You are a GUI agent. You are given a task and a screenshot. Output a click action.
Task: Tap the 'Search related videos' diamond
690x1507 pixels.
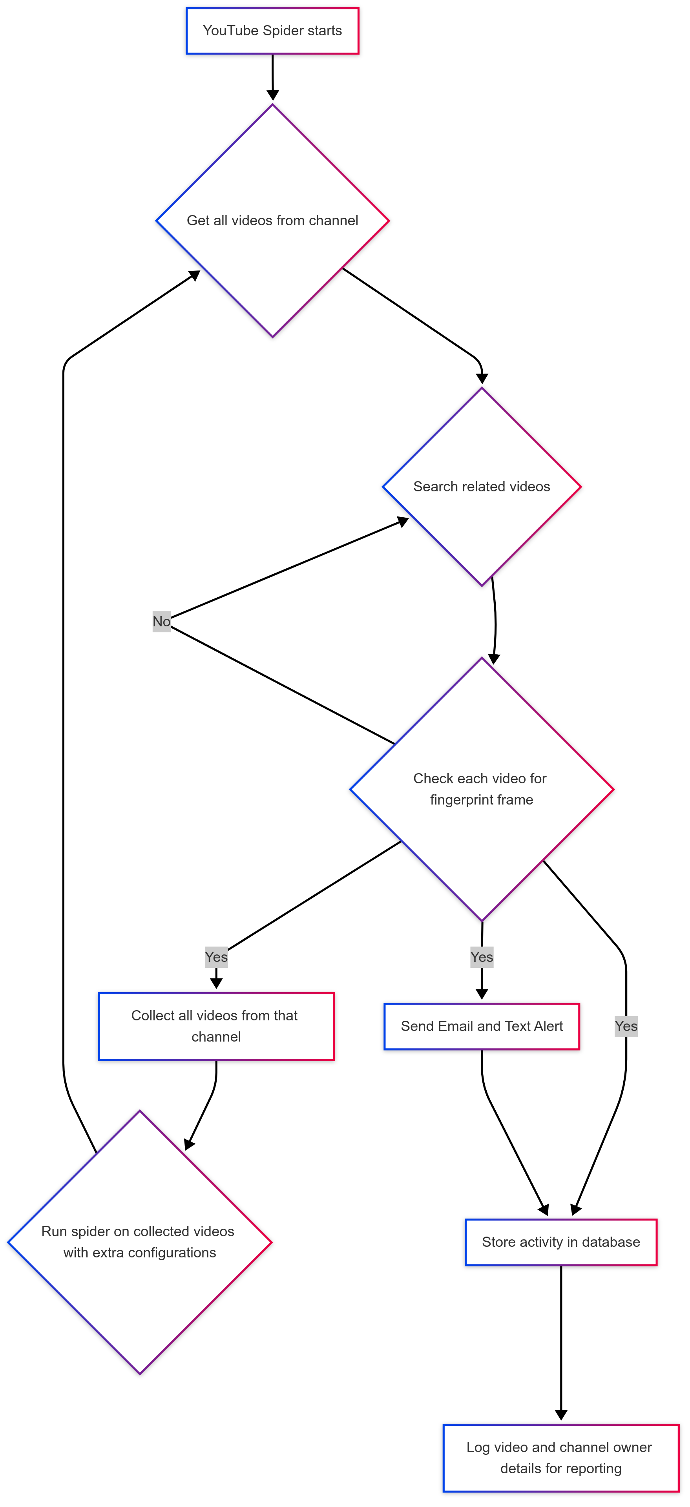(482, 486)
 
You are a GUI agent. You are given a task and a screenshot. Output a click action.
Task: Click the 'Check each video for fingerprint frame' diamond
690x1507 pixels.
(482, 789)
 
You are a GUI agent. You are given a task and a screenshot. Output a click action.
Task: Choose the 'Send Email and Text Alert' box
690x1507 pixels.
(482, 1026)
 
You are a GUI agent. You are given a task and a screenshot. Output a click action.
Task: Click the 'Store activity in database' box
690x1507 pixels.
(560, 1242)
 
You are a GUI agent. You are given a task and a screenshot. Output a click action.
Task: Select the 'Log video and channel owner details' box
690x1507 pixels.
(560, 1458)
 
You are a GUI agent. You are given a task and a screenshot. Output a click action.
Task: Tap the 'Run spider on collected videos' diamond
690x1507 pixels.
(139, 1242)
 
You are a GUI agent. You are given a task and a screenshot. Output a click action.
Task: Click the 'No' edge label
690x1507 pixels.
(162, 621)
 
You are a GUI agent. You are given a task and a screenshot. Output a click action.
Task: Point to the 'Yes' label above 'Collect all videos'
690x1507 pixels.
(216, 957)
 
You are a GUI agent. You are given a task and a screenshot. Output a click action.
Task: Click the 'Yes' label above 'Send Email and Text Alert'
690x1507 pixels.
(482, 957)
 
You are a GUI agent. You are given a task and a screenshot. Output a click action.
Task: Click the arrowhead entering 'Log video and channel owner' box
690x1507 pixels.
(560, 1416)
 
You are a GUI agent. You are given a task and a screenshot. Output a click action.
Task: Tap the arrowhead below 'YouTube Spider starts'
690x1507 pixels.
(273, 95)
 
